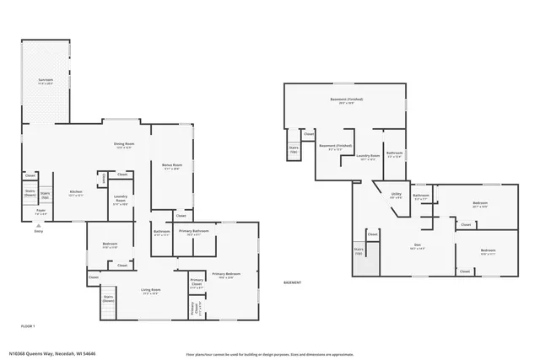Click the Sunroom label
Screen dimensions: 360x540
46,83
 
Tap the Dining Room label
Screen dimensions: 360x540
125,146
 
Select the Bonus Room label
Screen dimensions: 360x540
172,167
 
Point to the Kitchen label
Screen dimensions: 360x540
75,193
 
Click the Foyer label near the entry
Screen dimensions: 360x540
40,214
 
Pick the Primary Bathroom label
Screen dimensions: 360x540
193,232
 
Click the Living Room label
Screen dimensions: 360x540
151,292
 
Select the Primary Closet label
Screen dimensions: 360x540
196,282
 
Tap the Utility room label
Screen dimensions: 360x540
396,195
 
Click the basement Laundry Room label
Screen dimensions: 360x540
366,157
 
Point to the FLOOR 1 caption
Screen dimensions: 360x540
28,325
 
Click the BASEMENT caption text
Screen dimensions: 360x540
292,282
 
